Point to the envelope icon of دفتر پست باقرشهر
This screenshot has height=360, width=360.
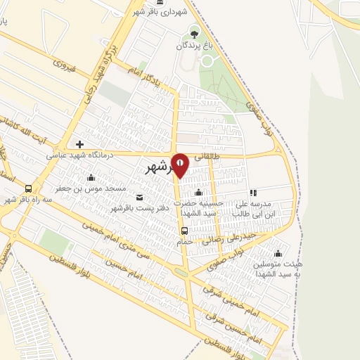pos(139,196)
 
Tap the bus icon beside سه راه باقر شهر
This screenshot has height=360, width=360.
pos(28,188)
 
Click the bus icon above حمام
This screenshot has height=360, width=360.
pos(184,230)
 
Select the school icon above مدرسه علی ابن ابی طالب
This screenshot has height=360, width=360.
pos(252,192)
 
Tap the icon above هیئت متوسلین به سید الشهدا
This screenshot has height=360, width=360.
pos(279,254)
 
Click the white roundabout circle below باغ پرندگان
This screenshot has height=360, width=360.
pos(207,62)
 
